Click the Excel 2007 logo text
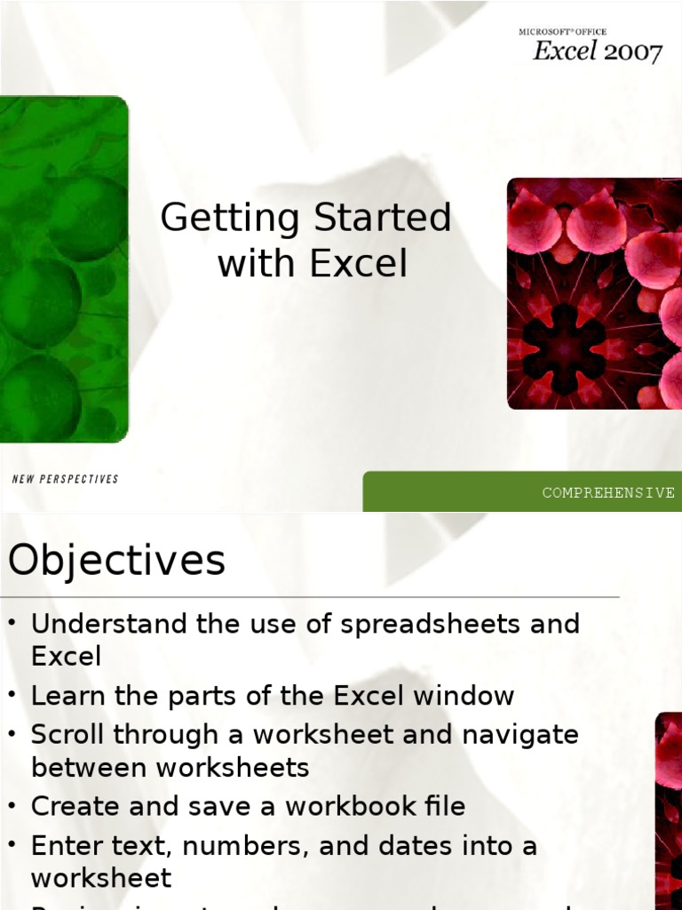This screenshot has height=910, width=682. click(x=597, y=52)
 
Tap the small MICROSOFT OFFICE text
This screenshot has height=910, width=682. click(x=562, y=32)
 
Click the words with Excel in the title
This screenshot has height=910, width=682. click(x=312, y=264)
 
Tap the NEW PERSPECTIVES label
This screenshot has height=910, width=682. click(x=65, y=479)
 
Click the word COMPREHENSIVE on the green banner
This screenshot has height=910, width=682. click(x=608, y=492)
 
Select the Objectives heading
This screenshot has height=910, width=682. click(x=116, y=562)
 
